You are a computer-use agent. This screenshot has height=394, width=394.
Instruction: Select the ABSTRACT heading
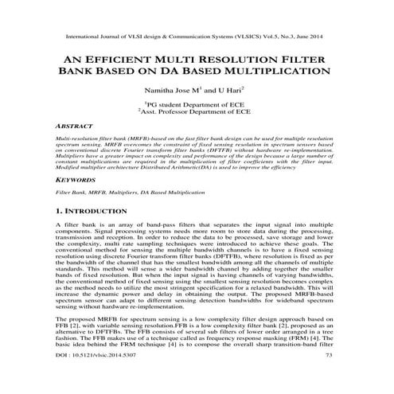click(74, 126)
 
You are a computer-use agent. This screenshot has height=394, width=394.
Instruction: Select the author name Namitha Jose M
click(174, 92)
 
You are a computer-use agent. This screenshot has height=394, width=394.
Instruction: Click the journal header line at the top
click(196, 37)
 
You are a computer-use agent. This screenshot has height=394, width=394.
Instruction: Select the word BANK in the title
click(99, 76)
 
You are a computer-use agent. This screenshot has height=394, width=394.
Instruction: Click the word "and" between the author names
click(209, 92)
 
